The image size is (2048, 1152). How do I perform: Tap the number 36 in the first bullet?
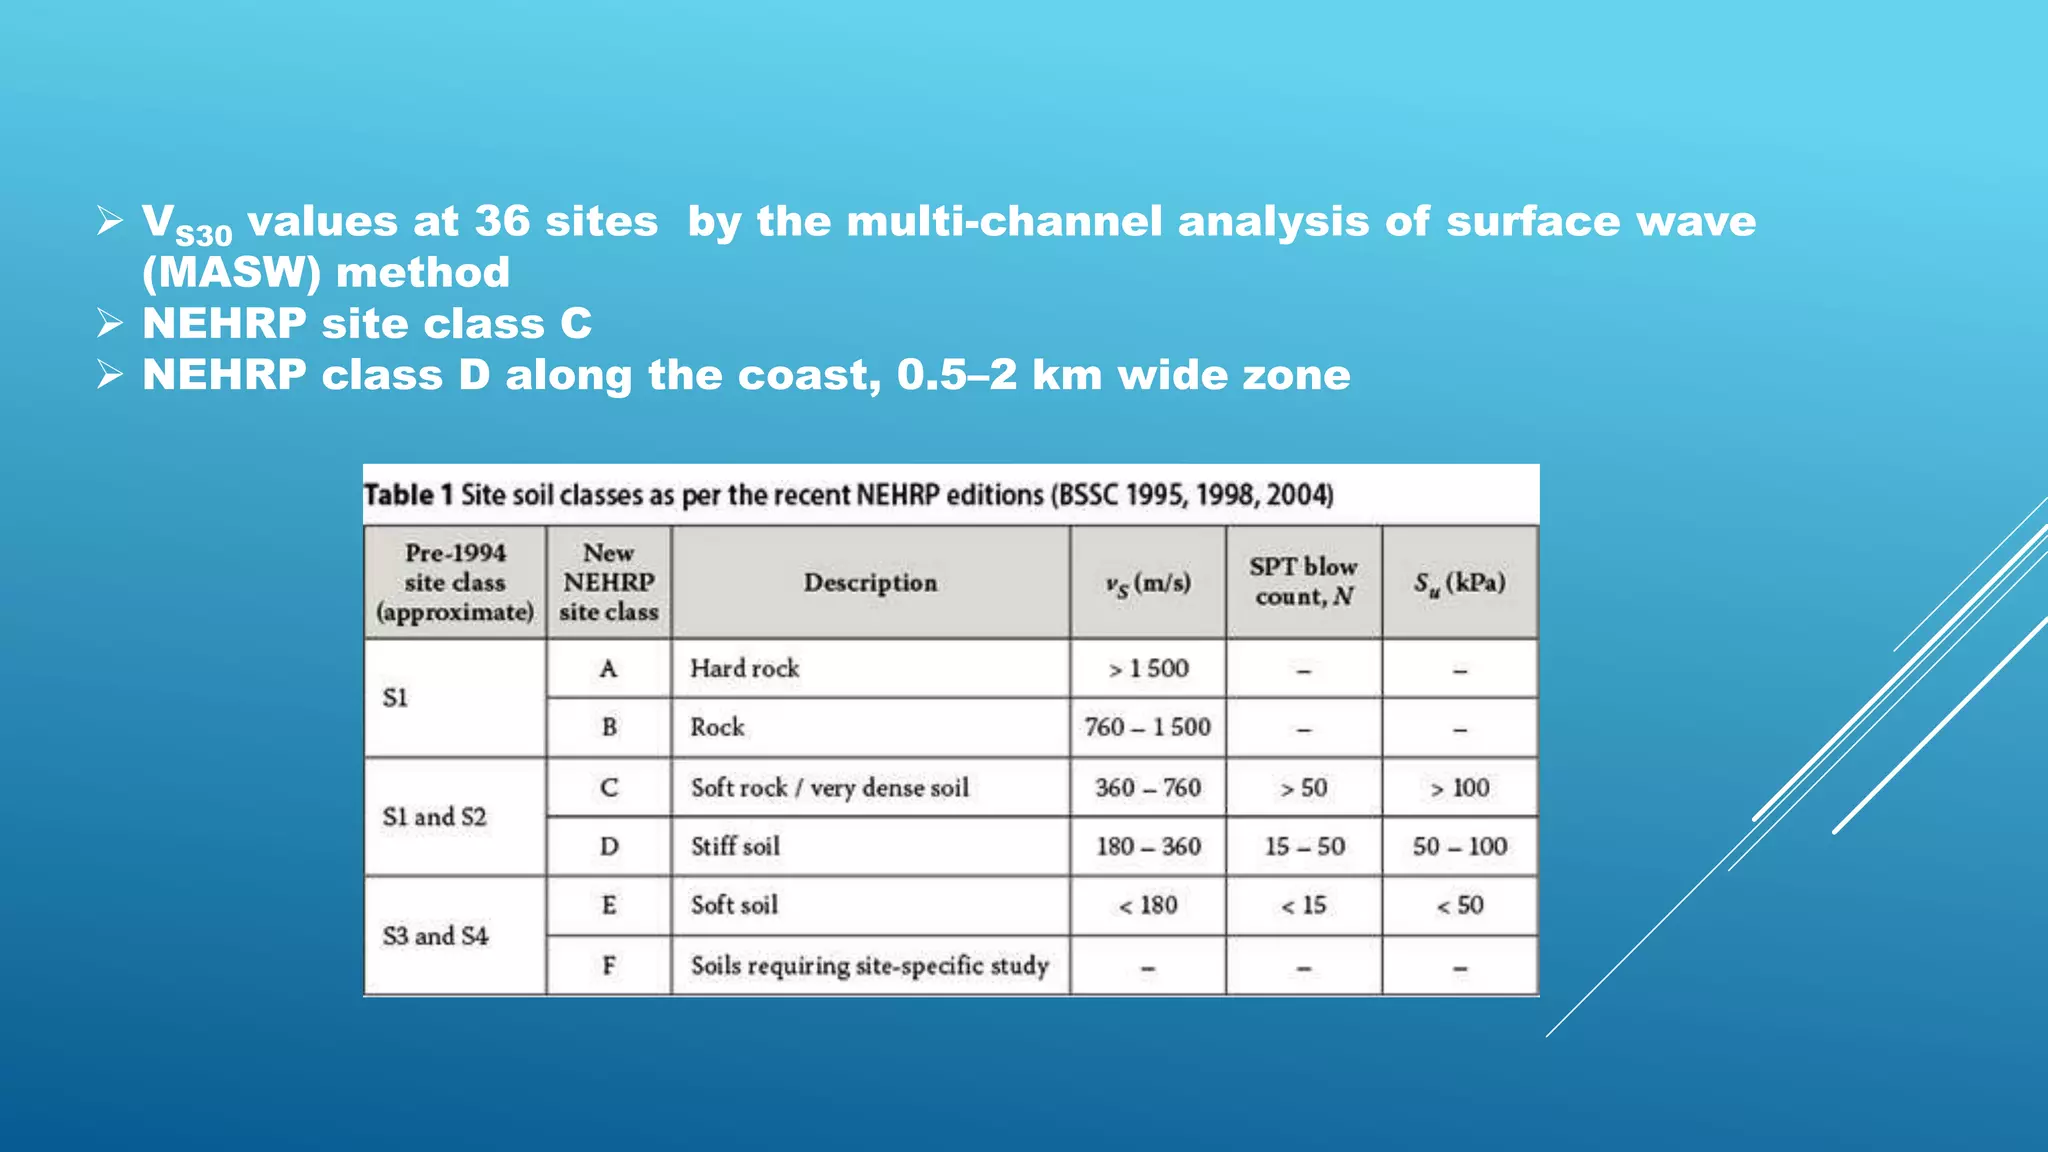pyautogui.click(x=502, y=221)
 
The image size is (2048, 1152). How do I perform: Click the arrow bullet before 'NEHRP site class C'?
pyautogui.click(x=110, y=323)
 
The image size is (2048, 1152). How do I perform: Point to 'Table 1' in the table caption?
pyautogui.click(x=408, y=495)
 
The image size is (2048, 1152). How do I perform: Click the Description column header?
pyautogui.click(x=870, y=583)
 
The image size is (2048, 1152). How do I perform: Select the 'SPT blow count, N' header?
pyautogui.click(x=1303, y=582)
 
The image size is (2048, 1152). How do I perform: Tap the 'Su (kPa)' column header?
pyautogui.click(x=1459, y=583)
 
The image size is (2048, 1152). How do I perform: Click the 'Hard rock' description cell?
pyautogui.click(x=744, y=668)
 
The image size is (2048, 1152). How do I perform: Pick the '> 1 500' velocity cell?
pyautogui.click(x=1148, y=668)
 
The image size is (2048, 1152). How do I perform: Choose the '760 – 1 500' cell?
pyautogui.click(x=1148, y=727)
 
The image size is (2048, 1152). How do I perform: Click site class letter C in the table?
pyautogui.click(x=609, y=788)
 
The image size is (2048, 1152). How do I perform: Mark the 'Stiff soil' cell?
pyautogui.click(x=735, y=846)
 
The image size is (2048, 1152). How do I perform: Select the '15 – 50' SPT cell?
pyautogui.click(x=1304, y=846)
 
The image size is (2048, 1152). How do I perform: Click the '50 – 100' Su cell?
pyautogui.click(x=1459, y=846)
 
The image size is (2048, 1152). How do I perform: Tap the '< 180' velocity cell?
pyautogui.click(x=1148, y=905)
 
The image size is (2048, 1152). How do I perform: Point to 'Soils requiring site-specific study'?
pyautogui.click(x=869, y=965)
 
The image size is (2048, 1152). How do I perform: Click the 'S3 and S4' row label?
pyautogui.click(x=435, y=936)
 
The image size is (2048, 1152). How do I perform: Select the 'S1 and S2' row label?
pyautogui.click(x=434, y=817)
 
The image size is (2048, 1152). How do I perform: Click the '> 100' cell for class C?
pyautogui.click(x=1459, y=788)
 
